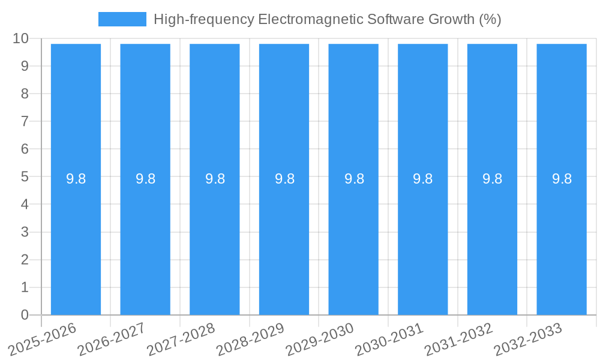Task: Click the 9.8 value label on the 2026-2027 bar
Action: click(145, 179)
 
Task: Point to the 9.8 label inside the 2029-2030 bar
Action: click(354, 179)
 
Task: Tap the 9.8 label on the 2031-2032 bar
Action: click(493, 179)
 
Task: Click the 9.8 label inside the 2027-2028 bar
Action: click(215, 179)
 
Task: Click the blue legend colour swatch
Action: click(122, 19)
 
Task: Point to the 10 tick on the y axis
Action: click(20, 38)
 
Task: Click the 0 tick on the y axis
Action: click(25, 315)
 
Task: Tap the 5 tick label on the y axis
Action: click(25, 177)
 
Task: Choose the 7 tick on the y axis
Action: click(25, 121)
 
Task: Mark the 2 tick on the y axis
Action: click(25, 260)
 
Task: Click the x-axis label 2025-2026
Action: click(43, 338)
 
